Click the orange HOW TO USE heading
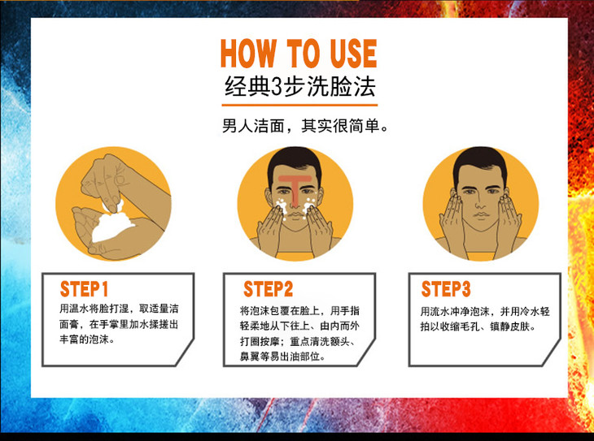[x=299, y=54]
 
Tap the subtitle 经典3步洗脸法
[x=299, y=87]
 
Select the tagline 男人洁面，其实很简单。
[x=305, y=126]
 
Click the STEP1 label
[x=84, y=289]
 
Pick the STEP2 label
[x=269, y=289]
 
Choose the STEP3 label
[x=446, y=289]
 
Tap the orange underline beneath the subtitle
[x=299, y=105]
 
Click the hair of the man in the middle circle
[x=295, y=161]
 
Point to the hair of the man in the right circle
[x=480, y=161]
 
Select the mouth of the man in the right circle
[x=481, y=215]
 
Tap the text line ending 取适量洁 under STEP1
[x=119, y=309]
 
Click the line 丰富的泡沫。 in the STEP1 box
[x=87, y=339]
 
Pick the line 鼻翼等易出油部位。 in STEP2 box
[x=282, y=357]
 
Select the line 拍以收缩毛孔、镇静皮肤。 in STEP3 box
[x=478, y=326]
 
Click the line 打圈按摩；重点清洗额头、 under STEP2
[x=298, y=342]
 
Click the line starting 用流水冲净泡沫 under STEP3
[x=485, y=312]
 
